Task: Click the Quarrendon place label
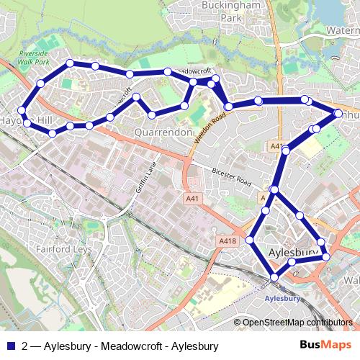pos(163,132)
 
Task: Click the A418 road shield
pos(227,240)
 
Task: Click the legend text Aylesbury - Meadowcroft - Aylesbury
pos(130,345)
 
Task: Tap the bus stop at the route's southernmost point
pos(274,277)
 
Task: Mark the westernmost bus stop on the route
pos(22,112)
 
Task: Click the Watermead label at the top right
pos(342,31)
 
